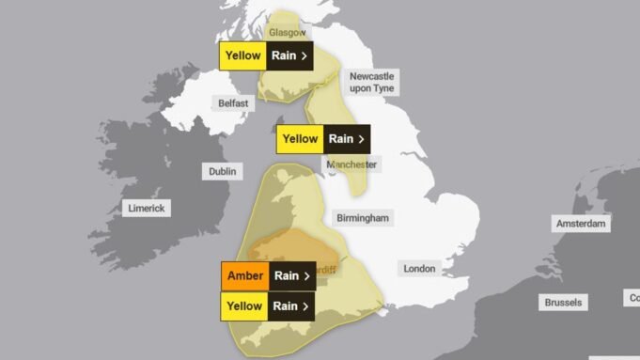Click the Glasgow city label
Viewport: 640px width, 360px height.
coord(288,33)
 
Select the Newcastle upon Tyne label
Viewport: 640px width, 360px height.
coord(372,82)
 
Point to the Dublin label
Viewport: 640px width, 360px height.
coord(223,172)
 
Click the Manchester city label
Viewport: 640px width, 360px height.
coord(352,164)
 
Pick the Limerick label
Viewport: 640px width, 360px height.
coord(146,208)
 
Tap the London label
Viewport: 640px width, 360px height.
coord(419,269)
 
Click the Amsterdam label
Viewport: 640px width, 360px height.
coord(582,225)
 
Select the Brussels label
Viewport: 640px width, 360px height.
coord(563,303)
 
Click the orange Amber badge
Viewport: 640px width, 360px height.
coord(245,276)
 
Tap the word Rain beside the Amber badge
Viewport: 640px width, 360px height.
coord(286,276)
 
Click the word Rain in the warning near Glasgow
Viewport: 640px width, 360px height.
coord(284,55)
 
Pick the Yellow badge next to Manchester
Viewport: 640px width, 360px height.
coord(300,139)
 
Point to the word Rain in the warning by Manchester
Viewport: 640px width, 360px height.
coord(340,139)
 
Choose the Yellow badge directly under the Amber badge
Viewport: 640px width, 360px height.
coord(243,306)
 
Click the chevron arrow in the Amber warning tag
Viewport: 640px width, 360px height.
coord(306,276)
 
